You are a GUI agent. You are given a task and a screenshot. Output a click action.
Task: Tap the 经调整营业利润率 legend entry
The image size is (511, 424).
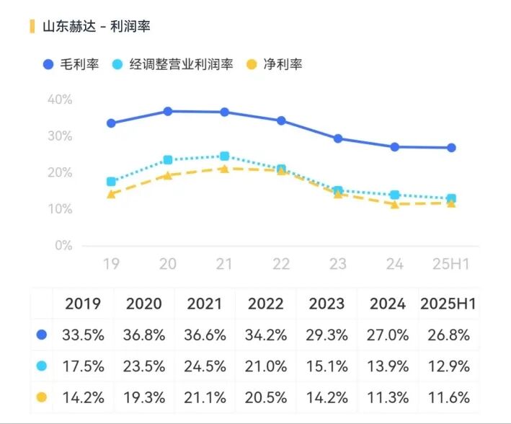tap(173, 64)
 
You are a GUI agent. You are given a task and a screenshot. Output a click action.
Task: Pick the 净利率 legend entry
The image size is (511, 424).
tap(275, 64)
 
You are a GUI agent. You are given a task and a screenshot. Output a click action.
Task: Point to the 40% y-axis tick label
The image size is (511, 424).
tap(60, 100)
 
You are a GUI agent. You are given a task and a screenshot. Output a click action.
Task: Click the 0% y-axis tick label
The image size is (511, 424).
tap(63, 246)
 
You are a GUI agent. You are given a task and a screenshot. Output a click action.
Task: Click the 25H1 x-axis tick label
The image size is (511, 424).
tap(450, 265)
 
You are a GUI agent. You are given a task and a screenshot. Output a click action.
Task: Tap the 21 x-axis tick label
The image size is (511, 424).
tap(224, 265)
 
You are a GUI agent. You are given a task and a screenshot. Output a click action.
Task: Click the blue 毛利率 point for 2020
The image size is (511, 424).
tap(168, 111)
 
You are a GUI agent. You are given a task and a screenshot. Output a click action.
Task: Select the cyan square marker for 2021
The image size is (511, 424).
tap(224, 156)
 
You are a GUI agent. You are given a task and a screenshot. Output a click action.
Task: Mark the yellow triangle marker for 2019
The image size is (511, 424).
tap(111, 194)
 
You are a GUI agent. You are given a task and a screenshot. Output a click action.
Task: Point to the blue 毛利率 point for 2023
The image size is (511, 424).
tap(338, 138)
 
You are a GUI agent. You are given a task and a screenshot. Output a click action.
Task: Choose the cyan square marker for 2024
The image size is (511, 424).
tap(394, 195)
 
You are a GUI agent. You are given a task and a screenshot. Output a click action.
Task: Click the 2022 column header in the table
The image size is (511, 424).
tap(266, 304)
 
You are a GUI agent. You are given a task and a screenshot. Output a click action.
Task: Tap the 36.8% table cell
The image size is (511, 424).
tap(144, 335)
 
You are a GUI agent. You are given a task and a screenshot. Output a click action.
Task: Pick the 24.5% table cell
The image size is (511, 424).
tap(205, 366)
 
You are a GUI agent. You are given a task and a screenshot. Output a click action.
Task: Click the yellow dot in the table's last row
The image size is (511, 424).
tap(42, 397)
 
